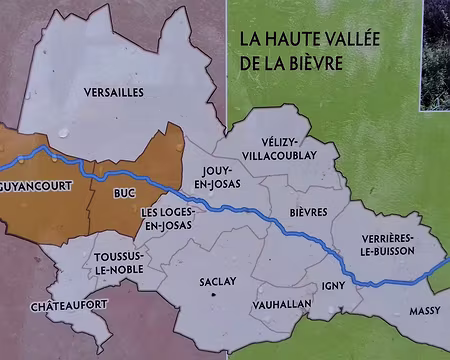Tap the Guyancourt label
click(34, 186)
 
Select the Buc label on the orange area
click(124, 190)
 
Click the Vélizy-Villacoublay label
click(287, 149)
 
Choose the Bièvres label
click(307, 213)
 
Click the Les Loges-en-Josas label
click(167, 219)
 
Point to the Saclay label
click(217, 281)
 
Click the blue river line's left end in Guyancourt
click(4, 164)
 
